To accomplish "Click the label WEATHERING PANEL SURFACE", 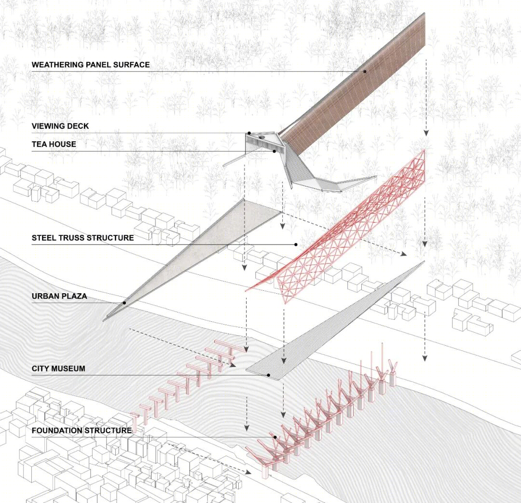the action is (91, 65).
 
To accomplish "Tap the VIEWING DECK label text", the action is (60, 126).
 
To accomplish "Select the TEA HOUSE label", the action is (54, 144).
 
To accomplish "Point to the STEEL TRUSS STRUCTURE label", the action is (83, 238).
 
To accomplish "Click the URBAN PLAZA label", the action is (59, 297).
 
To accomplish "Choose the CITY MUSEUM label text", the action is (58, 368).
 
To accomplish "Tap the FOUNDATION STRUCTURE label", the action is (82, 431).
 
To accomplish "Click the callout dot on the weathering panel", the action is (365, 71).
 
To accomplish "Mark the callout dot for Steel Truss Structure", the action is (296, 245).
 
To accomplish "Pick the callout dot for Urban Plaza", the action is (124, 303).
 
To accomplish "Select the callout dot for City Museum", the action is (268, 375).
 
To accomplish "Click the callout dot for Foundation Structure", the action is (275, 437).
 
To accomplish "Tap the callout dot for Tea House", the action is (274, 151).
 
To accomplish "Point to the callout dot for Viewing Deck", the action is (249, 133).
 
